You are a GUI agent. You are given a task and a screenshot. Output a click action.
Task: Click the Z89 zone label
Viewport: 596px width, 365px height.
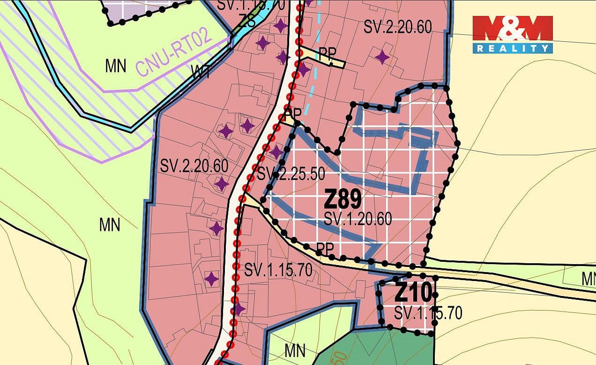(343, 200)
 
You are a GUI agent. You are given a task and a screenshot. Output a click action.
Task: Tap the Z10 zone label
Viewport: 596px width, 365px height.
(413, 294)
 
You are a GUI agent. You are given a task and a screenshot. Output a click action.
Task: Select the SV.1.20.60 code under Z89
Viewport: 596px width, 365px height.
(358, 219)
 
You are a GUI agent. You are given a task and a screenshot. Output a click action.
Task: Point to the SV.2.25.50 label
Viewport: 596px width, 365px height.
(291, 174)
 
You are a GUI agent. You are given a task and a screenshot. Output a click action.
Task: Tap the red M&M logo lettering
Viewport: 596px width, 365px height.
(513, 29)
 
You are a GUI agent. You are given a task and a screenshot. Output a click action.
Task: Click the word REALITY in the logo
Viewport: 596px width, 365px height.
(513, 48)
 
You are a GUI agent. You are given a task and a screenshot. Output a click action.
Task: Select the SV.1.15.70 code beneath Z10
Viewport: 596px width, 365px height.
(428, 312)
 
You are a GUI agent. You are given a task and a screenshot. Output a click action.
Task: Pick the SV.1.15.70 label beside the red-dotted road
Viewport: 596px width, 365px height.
(278, 270)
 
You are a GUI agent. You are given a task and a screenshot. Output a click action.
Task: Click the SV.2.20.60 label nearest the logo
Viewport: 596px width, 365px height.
(397, 27)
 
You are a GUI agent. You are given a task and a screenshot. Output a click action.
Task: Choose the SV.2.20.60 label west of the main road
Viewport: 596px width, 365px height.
(194, 166)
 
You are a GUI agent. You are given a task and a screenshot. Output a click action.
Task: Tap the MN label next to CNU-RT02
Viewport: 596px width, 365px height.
(115, 66)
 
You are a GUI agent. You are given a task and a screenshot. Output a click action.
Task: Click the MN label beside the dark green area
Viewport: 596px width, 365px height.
(295, 350)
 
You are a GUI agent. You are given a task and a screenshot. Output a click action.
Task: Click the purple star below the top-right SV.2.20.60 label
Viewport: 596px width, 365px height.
(382, 57)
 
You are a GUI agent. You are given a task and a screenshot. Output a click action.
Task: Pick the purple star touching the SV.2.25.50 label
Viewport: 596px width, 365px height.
(276, 152)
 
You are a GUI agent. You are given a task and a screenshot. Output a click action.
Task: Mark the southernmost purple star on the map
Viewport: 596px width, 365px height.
(239, 309)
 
